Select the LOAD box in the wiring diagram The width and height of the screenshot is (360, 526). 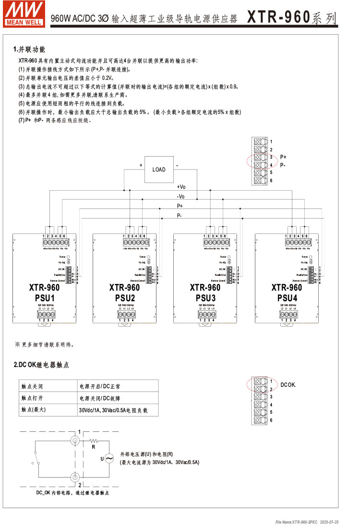159,170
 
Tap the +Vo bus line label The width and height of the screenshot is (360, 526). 181,187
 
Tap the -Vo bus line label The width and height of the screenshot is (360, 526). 181,196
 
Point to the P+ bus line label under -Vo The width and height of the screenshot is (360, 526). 180,206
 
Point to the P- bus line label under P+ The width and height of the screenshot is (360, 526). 180,216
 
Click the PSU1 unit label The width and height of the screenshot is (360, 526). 44,298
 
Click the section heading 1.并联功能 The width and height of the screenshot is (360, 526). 30,49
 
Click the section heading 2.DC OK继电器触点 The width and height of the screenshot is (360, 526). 41,365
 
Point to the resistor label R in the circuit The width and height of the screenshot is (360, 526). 94,447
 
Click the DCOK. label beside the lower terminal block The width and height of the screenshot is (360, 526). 288,385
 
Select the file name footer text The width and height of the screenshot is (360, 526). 307,522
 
